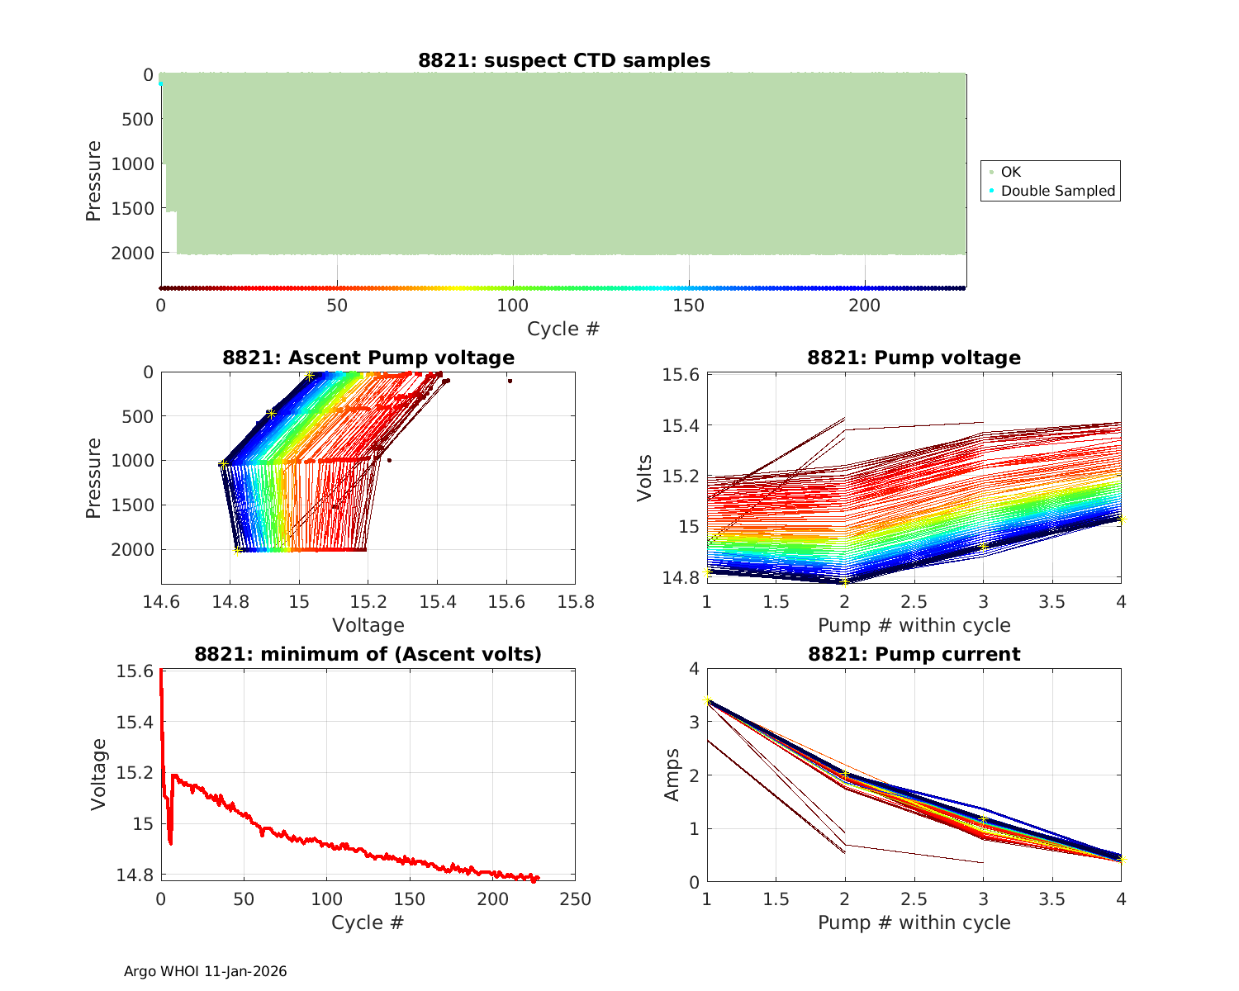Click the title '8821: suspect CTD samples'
[563, 60]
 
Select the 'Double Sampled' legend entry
[1057, 191]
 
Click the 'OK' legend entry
[1010, 172]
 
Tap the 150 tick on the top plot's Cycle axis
[689, 306]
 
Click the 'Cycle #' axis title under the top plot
[563, 329]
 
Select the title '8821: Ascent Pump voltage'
[368, 358]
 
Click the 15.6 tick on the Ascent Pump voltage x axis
[506, 601]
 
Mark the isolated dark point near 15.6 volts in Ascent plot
[510, 381]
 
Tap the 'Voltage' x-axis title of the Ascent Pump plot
[368, 625]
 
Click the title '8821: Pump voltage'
[914, 358]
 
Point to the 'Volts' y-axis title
[645, 477]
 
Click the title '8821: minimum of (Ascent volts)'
[368, 654]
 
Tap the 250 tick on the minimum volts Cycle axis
[575, 899]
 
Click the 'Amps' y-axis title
[672, 775]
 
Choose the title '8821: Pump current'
[914, 654]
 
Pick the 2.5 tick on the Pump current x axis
[914, 899]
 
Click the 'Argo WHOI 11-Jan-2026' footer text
[205, 971]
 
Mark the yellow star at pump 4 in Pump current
[1121, 860]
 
